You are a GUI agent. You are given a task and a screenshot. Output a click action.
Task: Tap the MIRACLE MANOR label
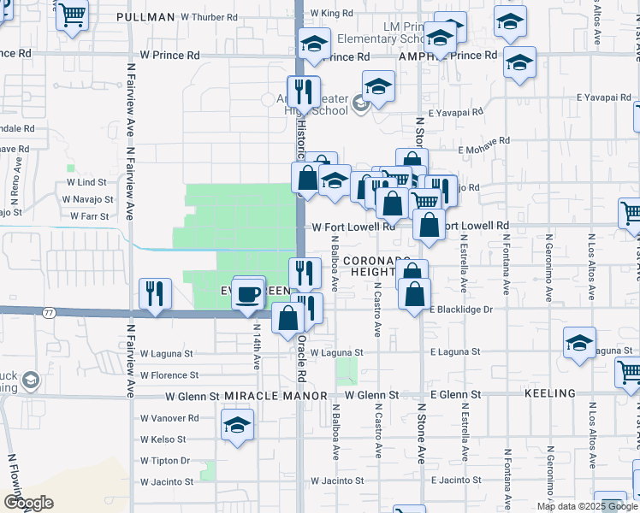(x=276, y=395)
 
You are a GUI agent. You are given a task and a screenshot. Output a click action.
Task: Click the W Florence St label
(x=169, y=374)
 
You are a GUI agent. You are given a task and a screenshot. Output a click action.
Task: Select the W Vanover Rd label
(x=169, y=418)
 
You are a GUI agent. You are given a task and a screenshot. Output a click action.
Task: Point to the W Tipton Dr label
(x=165, y=461)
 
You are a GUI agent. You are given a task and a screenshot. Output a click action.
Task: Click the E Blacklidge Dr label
(x=462, y=310)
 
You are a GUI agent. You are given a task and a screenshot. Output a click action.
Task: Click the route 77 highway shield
(x=48, y=313)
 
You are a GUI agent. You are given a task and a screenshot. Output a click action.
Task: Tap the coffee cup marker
(x=248, y=294)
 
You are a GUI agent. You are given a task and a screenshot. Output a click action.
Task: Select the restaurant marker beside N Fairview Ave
(x=155, y=294)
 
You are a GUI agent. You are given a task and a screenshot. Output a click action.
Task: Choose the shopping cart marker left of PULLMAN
(x=73, y=15)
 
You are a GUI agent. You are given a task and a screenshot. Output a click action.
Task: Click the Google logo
(x=28, y=503)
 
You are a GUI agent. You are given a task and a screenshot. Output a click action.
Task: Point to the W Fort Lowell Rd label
(x=353, y=227)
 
